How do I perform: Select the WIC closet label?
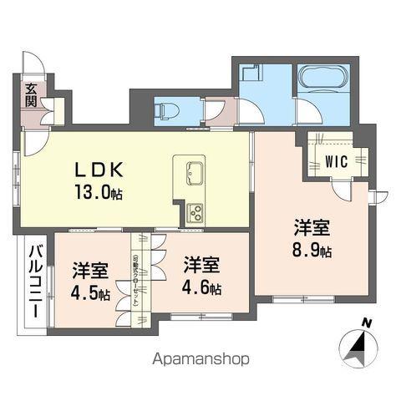[337, 160]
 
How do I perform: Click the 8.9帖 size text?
[312, 248]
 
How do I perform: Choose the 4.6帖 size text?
[202, 288]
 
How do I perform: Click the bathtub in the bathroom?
[321, 80]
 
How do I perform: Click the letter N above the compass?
[366, 322]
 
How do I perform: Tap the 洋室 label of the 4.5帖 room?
[89, 270]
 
